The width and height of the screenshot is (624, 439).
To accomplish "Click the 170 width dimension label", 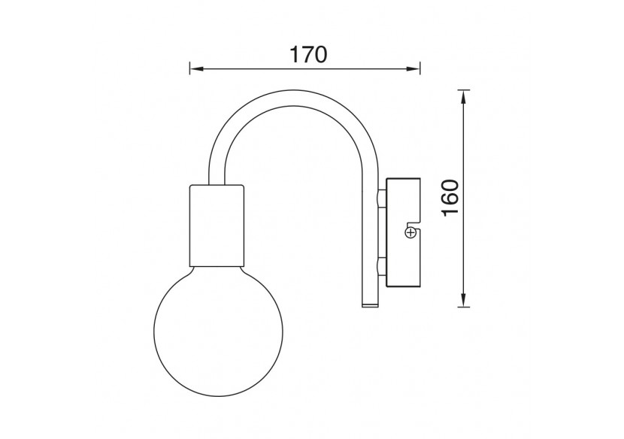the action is click(x=308, y=54).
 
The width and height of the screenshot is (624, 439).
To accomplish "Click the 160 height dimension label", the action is click(x=450, y=198).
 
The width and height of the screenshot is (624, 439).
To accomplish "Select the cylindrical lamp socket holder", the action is click(x=217, y=226).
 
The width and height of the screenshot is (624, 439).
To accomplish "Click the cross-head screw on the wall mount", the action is click(x=410, y=233).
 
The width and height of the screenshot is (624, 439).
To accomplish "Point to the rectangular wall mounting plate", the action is click(x=403, y=232).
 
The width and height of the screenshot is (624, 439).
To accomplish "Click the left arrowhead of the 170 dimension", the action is click(x=196, y=69).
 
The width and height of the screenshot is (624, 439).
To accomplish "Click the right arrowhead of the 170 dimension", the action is click(x=413, y=69).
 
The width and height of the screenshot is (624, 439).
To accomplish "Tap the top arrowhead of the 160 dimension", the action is click(x=463, y=97).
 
